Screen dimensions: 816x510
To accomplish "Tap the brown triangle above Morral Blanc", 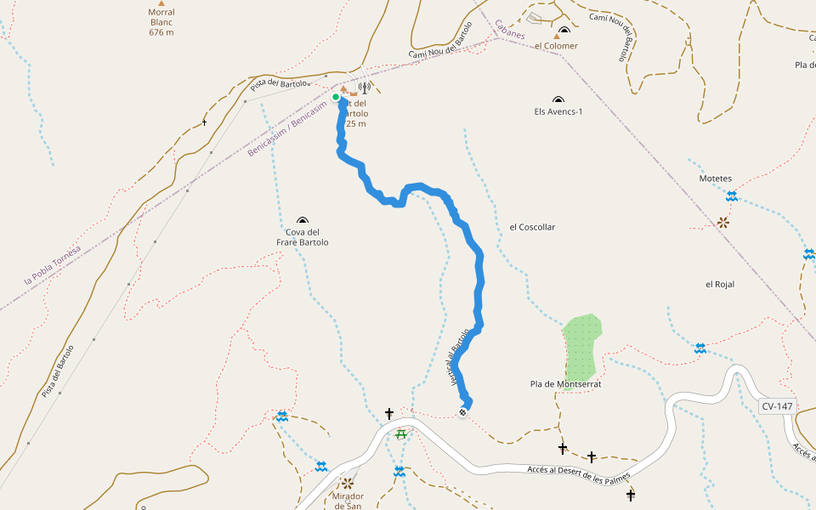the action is (x=161, y=3).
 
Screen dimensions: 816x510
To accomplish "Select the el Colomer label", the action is (x=556, y=46).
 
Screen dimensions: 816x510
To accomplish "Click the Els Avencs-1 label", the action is (x=558, y=111).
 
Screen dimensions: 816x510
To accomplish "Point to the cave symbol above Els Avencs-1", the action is (x=558, y=99).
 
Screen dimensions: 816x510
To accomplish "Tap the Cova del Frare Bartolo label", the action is (x=303, y=237).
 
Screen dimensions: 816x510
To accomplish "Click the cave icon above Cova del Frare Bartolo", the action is (x=303, y=221).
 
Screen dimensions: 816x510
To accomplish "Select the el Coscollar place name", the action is (x=532, y=227).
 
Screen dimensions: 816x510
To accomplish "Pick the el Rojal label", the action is (x=719, y=284).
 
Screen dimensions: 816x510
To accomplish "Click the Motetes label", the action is (x=715, y=178).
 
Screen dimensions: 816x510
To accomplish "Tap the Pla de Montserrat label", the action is (x=565, y=384).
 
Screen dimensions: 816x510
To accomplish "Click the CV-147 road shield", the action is (x=777, y=406).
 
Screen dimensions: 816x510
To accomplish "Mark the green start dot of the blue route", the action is (x=336, y=97).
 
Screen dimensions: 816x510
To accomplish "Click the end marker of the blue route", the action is (x=462, y=413).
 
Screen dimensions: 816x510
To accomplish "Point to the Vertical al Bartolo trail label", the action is (x=459, y=358).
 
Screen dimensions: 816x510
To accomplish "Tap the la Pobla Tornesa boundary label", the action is (x=53, y=265).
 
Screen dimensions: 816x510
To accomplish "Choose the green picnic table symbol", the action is (x=400, y=434).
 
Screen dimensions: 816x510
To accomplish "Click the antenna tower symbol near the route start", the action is (x=365, y=88).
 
